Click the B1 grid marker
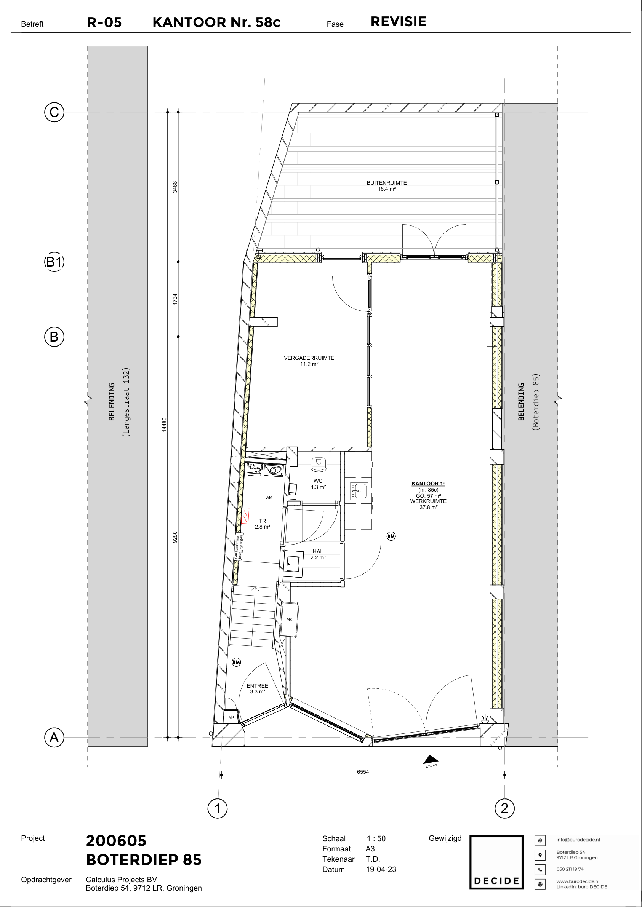tap(54, 262)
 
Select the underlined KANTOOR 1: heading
tap(428, 484)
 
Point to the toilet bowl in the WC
tap(319, 463)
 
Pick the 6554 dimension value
tap(363, 772)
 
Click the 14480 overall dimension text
tap(165, 425)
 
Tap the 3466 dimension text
tap(175, 187)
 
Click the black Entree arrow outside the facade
tap(431, 759)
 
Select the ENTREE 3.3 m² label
tap(257, 688)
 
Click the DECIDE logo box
tap(496, 863)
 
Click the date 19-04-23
tap(381, 869)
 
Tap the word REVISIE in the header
tap(399, 22)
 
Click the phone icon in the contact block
tap(540, 869)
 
